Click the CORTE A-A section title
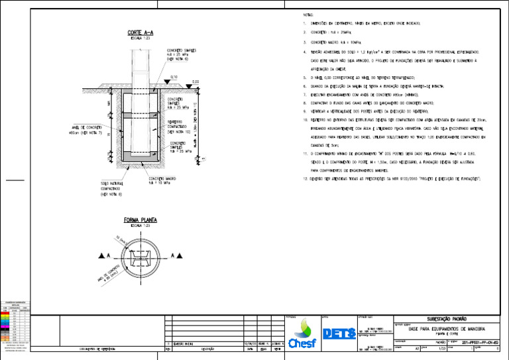pos(141,32)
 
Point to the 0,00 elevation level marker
pos(196,82)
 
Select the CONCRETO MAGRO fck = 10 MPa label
pos(162,180)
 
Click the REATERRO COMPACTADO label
pos(178,127)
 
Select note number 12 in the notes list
pos(391,179)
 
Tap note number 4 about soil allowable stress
pos(391,51)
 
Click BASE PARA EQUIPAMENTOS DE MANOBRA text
pos(445,329)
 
